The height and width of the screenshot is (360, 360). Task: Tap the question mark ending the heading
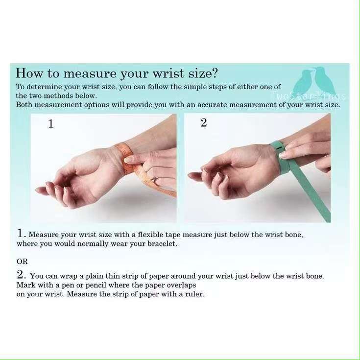click(x=215, y=73)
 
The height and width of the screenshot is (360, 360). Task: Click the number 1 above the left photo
click(x=51, y=124)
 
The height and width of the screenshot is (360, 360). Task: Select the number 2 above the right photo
click(x=204, y=122)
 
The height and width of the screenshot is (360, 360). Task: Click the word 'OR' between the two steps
click(x=22, y=262)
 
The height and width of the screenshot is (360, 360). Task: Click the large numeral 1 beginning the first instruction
click(x=21, y=233)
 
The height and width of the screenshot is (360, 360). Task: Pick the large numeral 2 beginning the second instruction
click(x=20, y=275)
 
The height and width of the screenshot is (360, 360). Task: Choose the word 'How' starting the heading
click(x=29, y=73)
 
